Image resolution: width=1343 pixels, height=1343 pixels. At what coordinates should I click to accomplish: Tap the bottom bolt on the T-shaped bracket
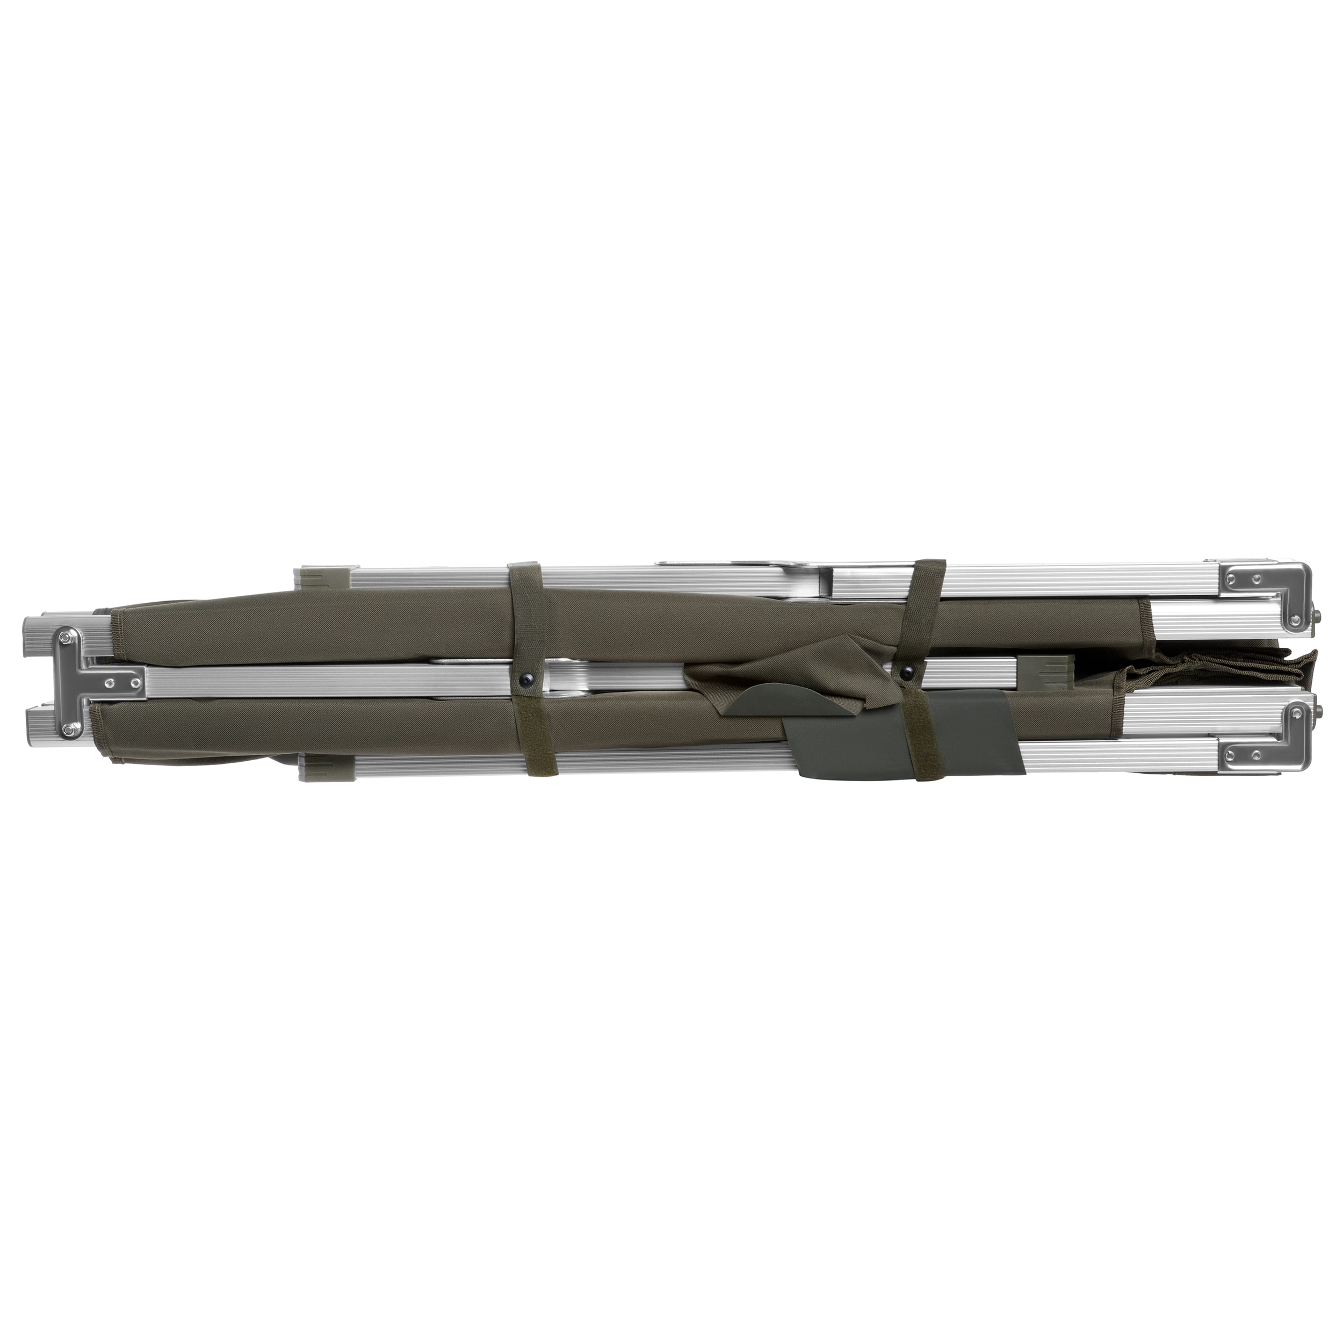click(x=68, y=728)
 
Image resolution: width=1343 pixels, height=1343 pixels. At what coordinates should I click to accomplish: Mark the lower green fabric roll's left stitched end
click(x=97, y=723)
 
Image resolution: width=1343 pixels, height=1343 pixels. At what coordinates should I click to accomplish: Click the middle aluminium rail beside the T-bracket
click(x=278, y=680)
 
